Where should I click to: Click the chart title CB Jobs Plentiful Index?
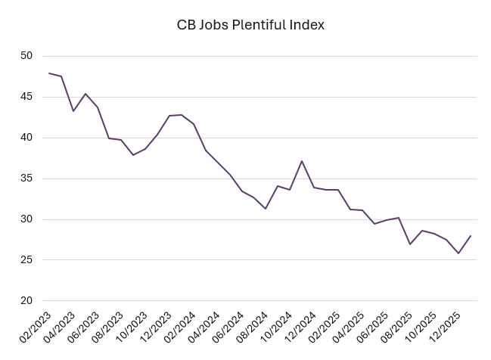tap(250, 25)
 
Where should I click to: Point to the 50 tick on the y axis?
tap(26, 56)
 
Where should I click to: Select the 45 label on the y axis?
tap(26, 97)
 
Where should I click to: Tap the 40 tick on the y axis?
tap(26, 138)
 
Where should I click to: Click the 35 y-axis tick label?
tap(26, 178)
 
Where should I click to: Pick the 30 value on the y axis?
tap(26, 219)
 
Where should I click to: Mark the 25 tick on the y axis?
tap(26, 260)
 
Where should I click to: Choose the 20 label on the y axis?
tap(26, 301)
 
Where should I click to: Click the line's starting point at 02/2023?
tap(49, 73)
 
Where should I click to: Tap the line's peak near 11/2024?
tap(302, 161)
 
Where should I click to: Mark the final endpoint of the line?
tap(471, 236)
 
